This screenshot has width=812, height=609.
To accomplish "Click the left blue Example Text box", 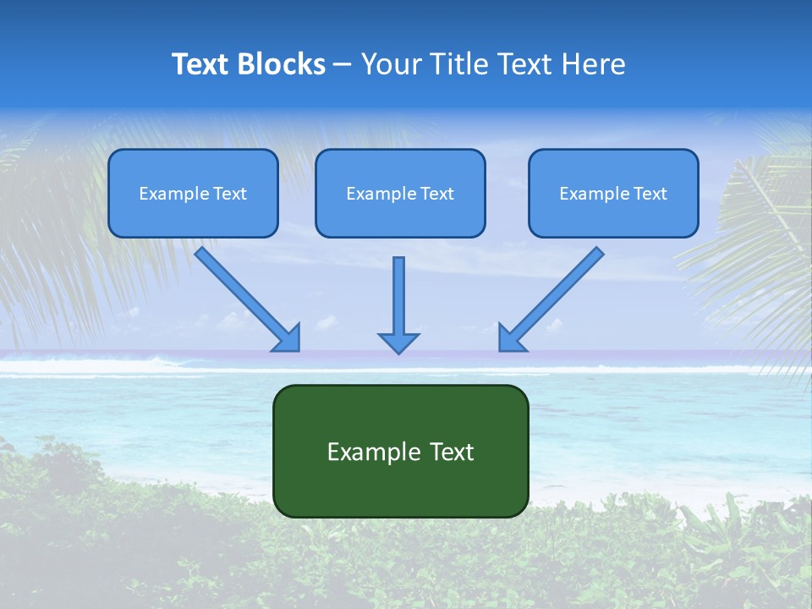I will point(193,193).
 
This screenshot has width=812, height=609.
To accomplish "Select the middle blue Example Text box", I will point(400,193).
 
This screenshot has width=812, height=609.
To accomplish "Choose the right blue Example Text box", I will point(613,193).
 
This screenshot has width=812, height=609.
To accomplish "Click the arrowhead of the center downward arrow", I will point(398,343).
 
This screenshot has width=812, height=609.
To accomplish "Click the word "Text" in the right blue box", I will point(649,194).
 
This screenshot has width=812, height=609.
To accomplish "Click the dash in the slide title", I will point(343,64).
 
